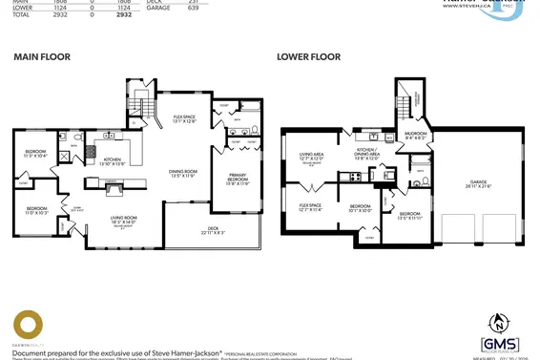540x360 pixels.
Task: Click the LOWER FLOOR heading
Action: tap(308, 57)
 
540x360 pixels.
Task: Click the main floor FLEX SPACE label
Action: tap(184, 118)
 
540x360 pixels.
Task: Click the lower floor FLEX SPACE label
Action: tap(310, 206)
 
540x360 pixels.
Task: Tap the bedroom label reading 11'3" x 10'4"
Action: tap(36, 153)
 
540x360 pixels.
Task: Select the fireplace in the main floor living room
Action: tap(113, 190)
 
